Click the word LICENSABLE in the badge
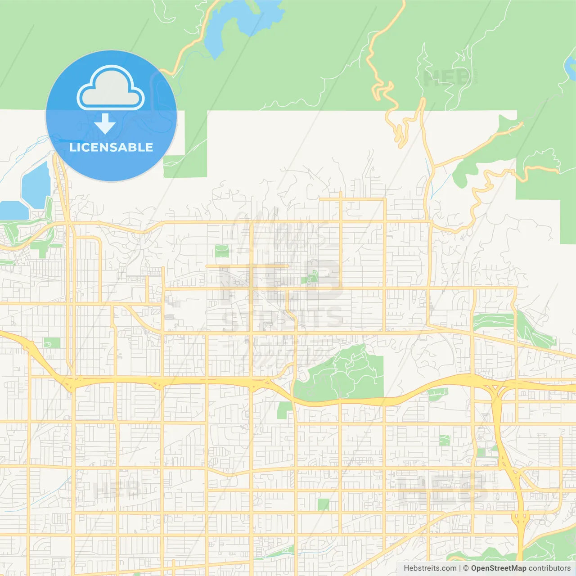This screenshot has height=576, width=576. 111,147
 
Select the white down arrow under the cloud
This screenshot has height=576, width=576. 105,123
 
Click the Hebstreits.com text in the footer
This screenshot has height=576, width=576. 430,568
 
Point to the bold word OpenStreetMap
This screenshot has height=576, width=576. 498,568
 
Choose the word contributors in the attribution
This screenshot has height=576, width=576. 549,568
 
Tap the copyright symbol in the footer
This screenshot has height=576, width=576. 466,568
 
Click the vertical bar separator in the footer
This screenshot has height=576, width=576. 460,568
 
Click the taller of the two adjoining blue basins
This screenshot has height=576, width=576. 36,184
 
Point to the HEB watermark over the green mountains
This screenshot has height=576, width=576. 445,77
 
